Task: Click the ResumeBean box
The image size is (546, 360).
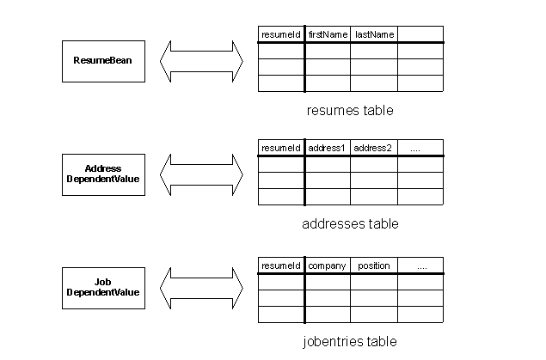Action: click(103, 61)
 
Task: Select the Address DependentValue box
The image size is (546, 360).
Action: click(103, 174)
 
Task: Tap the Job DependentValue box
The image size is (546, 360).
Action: click(103, 288)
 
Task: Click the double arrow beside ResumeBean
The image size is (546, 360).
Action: click(201, 61)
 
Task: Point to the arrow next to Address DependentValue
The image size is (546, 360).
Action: click(201, 174)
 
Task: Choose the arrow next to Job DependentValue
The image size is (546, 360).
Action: click(201, 288)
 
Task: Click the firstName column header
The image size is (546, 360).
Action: click(328, 34)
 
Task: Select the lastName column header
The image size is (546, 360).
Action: click(374, 34)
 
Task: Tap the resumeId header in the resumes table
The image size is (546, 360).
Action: click(281, 34)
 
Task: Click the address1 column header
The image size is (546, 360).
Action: click(328, 148)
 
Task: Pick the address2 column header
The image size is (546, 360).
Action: click(374, 148)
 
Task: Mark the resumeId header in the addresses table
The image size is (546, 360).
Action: click(281, 148)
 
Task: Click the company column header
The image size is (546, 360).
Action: click(328, 265)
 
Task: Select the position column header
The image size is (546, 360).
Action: click(374, 265)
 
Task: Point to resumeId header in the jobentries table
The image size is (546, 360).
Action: click(281, 265)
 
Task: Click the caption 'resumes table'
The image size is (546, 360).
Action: click(350, 110)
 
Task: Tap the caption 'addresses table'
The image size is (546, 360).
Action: click(350, 223)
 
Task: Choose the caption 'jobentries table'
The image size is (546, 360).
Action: click(350, 341)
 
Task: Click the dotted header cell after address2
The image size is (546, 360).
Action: click(420, 148)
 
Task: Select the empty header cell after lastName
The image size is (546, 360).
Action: click(420, 34)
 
